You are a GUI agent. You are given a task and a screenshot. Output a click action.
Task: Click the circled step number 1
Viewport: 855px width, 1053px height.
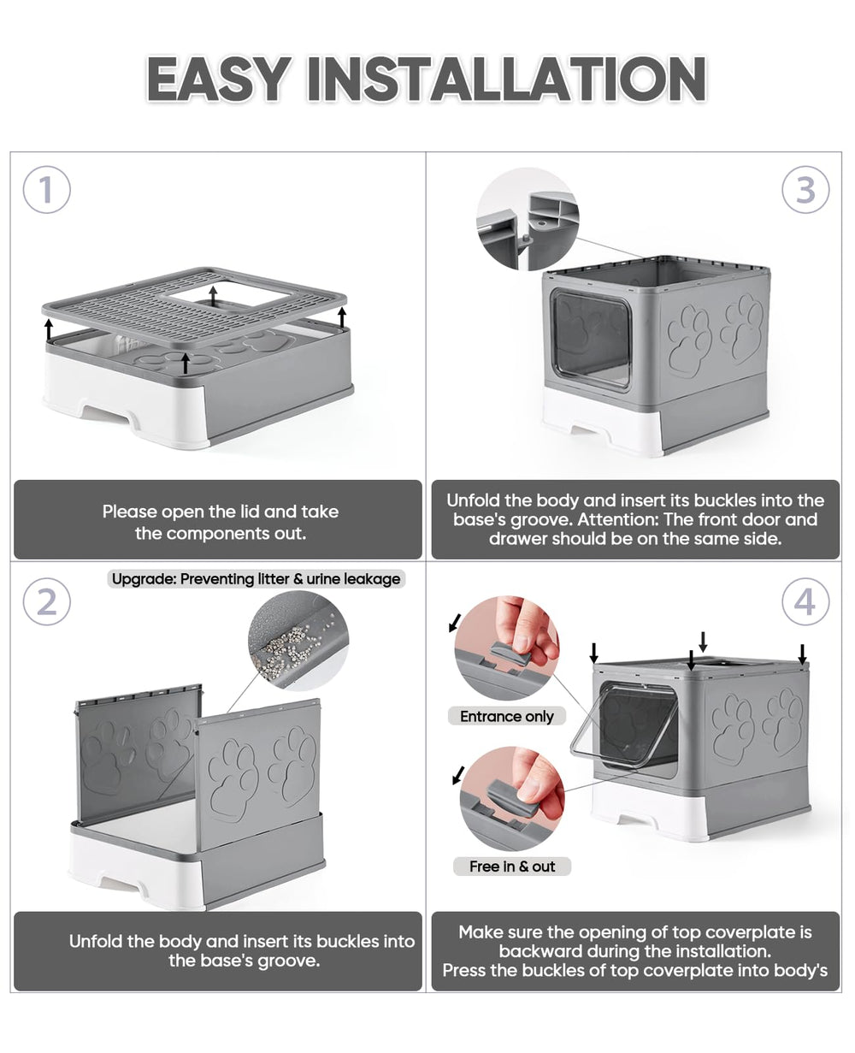46,190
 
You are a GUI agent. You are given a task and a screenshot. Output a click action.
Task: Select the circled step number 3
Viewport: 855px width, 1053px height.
805,190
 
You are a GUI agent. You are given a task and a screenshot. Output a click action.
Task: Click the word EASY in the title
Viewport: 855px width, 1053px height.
217,80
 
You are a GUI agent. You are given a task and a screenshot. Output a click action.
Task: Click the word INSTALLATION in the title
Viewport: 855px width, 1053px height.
506,80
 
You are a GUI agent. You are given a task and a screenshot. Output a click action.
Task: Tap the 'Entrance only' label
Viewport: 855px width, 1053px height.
506,717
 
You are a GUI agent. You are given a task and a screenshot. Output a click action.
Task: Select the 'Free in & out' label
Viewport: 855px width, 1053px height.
512,867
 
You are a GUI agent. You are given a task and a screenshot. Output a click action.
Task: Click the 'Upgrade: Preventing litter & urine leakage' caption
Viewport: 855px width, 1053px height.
256,579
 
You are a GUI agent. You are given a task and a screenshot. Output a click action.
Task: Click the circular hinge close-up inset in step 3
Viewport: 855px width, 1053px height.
528,219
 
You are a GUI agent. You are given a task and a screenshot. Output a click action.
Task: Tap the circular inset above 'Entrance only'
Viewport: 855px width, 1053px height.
507,648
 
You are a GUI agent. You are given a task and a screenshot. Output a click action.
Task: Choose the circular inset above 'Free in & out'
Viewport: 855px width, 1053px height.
512,798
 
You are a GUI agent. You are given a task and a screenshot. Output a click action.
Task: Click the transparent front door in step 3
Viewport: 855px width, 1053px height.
590,340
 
